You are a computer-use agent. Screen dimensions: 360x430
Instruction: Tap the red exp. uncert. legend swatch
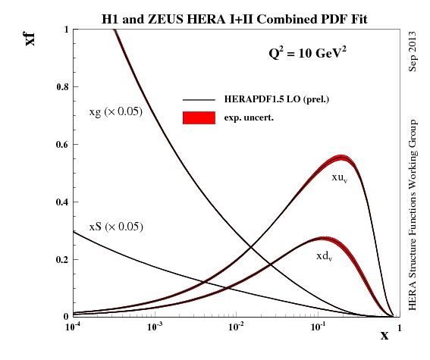tap(199, 117)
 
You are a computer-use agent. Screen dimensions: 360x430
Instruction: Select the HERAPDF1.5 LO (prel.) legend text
tap(276, 100)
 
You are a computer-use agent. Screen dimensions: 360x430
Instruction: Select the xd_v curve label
tap(325, 257)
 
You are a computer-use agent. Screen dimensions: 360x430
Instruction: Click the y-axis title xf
tap(31, 36)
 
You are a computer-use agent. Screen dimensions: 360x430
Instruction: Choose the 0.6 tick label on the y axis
tap(61, 145)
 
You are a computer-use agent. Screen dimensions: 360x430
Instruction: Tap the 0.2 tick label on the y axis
tap(61, 259)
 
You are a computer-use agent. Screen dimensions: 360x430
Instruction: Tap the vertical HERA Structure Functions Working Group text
tap(413, 214)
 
